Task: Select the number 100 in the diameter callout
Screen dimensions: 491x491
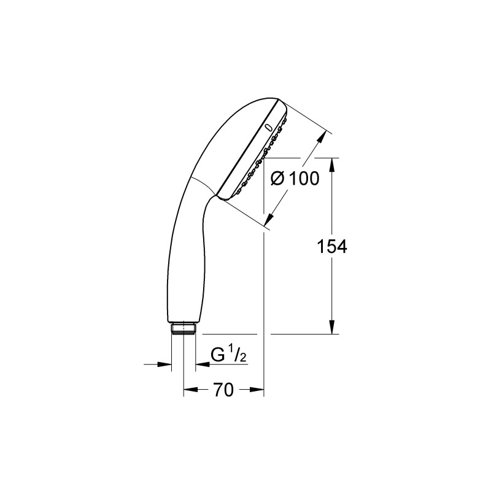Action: tap(304, 179)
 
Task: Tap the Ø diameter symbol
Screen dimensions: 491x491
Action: tap(278, 179)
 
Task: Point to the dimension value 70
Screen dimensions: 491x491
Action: tap(223, 390)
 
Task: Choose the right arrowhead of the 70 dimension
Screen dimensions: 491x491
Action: tap(258, 390)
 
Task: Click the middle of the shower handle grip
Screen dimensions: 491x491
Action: tap(182, 258)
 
